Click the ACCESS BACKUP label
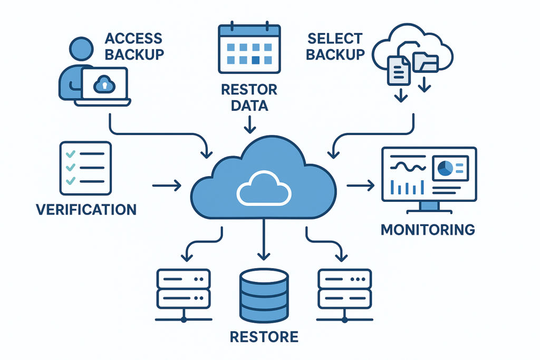(134, 46)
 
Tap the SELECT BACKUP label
(335, 46)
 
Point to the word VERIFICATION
(86, 209)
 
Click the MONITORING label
(427, 230)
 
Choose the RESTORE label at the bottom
(264, 336)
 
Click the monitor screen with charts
(429, 174)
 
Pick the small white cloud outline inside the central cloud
(264, 188)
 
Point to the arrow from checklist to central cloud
(167, 186)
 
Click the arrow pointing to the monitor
(361, 186)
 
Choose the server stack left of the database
(184, 294)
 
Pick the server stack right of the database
(345, 294)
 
